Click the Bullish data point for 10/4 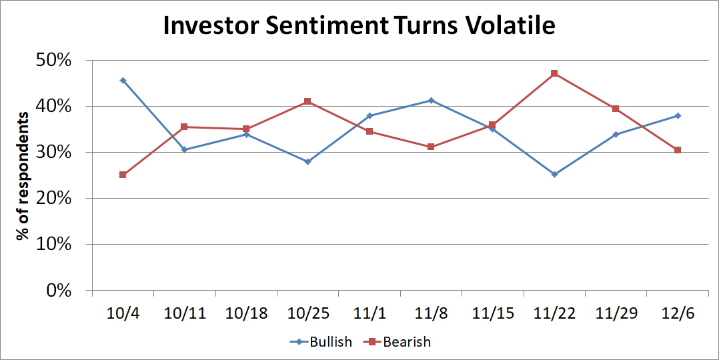coord(123,80)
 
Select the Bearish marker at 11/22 coord(554,73)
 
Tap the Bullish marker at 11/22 coord(554,175)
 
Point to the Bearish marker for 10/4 coord(123,175)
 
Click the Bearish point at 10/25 coord(307,101)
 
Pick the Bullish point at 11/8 coord(431,101)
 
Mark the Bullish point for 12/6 coord(678,115)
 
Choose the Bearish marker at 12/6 coord(678,150)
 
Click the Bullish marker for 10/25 coord(307,161)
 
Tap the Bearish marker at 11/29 coord(616,109)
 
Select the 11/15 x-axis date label coord(492,313)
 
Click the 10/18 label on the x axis coord(246,313)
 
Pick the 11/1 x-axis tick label coord(369,313)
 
